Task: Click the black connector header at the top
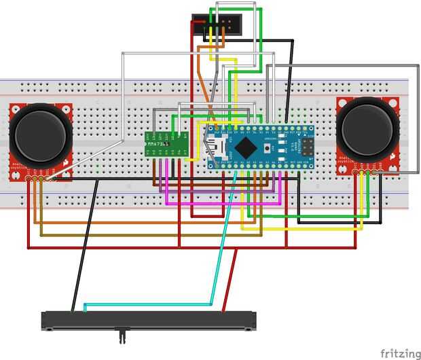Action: pos(213,25)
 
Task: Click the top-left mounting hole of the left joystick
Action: pos(14,109)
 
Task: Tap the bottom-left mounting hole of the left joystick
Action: pos(14,175)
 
